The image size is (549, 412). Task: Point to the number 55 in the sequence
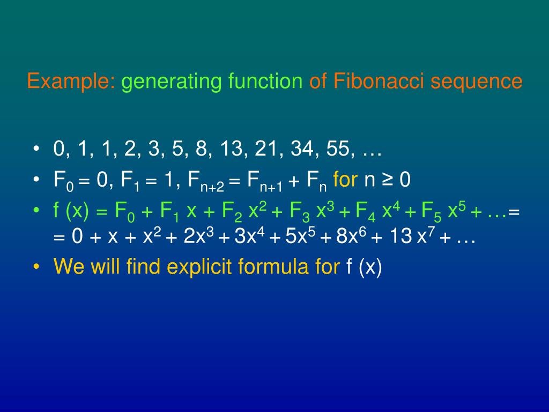(338, 150)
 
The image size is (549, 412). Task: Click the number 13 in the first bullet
(231, 150)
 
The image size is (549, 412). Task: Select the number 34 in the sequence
(303, 150)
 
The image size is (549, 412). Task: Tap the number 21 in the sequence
(268, 150)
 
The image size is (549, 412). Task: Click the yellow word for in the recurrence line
(345, 180)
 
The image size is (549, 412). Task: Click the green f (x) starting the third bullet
(71, 211)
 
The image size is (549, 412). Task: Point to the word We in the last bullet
(69, 267)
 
